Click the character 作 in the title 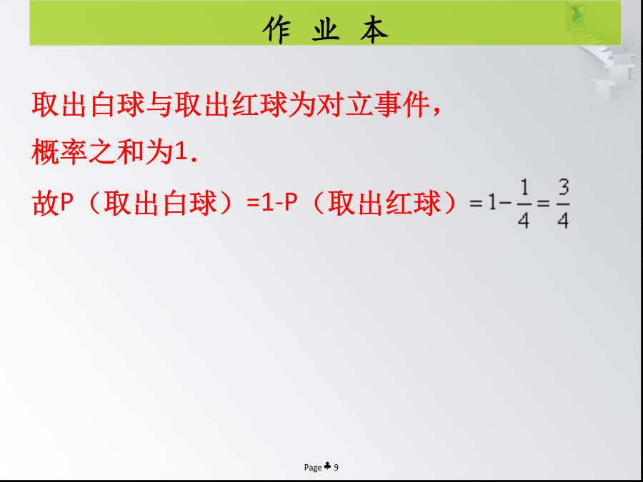(276, 29)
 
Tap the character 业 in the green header (326, 29)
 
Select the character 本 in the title (374, 29)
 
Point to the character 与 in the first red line (159, 105)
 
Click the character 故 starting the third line (45, 204)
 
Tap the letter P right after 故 (66, 204)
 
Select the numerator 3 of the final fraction (564, 189)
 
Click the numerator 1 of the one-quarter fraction (524, 189)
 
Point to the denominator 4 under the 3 (563, 221)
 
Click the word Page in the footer (313, 468)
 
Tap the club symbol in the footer (327, 466)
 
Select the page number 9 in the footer (337, 467)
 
